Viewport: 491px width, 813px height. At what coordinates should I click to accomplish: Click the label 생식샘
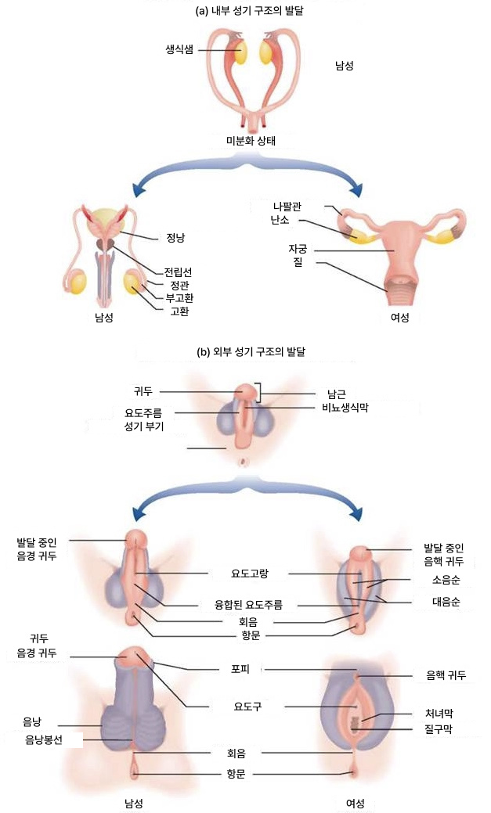(x=180, y=48)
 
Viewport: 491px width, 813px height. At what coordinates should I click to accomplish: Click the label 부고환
(x=178, y=297)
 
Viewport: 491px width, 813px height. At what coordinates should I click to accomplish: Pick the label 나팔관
(x=286, y=205)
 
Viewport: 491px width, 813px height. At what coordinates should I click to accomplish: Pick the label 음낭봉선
(x=44, y=738)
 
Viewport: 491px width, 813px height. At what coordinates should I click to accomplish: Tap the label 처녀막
(x=437, y=714)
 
